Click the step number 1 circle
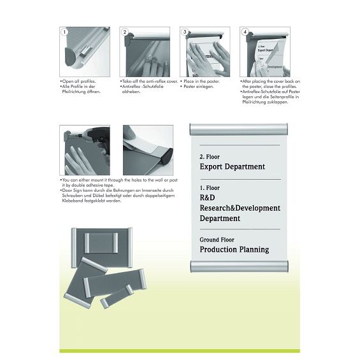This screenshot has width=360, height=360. [64, 32]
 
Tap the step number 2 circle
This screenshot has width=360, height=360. [125, 32]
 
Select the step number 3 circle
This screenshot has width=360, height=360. [185, 32]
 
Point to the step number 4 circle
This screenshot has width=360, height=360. [245, 32]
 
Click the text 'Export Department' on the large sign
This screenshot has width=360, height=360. [232, 167]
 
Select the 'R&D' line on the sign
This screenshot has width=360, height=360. [207, 198]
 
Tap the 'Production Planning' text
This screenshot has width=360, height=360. [234, 250]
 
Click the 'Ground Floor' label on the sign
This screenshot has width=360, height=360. [217, 240]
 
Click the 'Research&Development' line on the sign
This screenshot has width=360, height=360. [240, 208]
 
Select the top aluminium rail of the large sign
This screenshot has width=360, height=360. [238, 129]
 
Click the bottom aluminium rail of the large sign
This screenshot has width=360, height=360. [238, 265]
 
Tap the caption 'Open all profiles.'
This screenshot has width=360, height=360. [76, 82]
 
